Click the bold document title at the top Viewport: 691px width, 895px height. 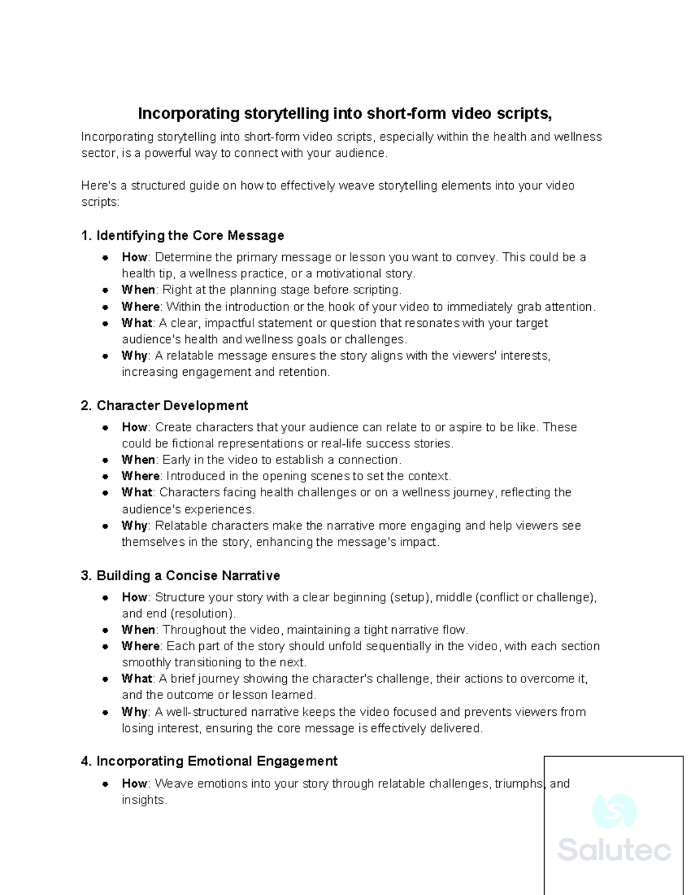(x=345, y=114)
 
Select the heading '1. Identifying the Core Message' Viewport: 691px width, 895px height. (x=183, y=236)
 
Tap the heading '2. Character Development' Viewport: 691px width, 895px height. (x=164, y=406)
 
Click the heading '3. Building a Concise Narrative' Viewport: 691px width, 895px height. (x=180, y=576)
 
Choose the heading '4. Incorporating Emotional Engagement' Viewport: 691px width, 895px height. (x=209, y=761)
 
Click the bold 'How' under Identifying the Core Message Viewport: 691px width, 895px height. (x=134, y=257)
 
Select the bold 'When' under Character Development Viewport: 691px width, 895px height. (x=138, y=460)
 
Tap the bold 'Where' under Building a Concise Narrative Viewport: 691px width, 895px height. (x=141, y=646)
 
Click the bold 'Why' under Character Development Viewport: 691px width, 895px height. (x=134, y=526)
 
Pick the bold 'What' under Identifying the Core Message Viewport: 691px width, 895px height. (x=136, y=323)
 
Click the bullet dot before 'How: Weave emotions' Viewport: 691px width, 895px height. (x=105, y=784)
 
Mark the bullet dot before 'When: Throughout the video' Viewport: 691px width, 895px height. (x=105, y=630)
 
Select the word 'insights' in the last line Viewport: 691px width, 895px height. (x=143, y=800)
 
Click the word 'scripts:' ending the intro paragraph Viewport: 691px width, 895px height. (x=100, y=202)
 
